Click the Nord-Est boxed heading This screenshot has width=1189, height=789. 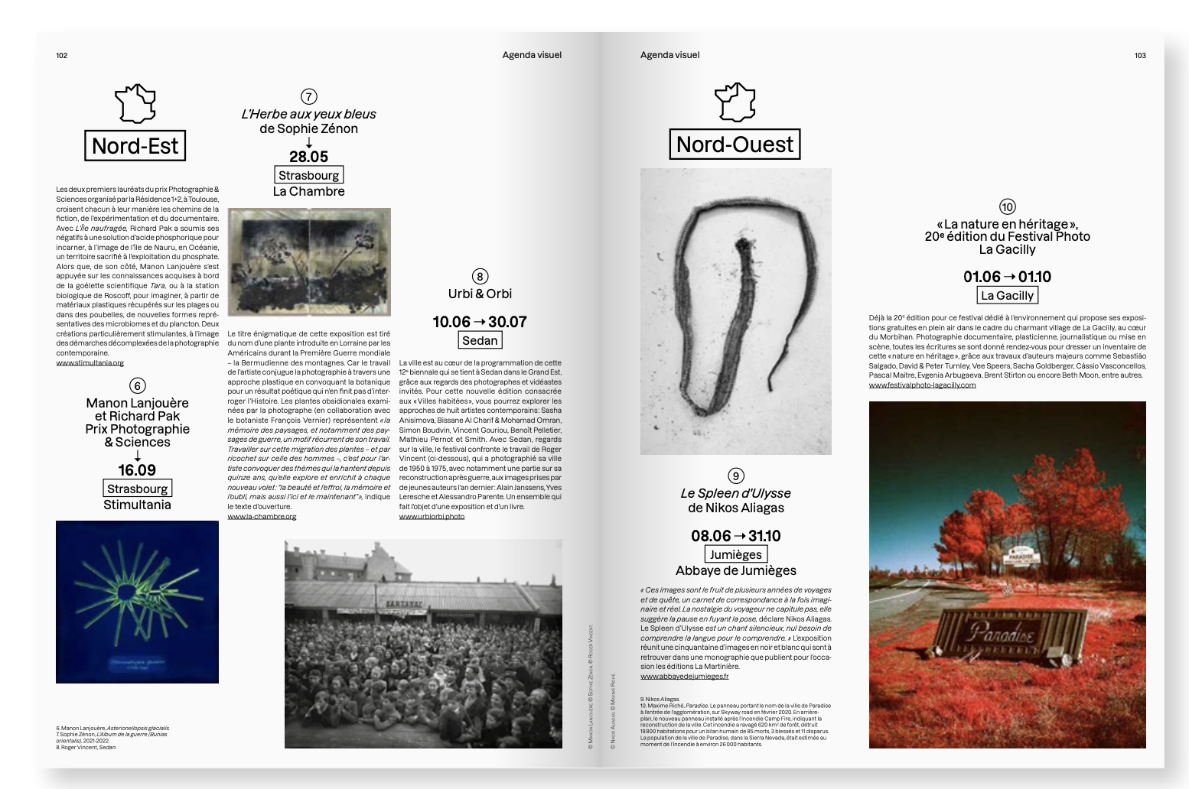pos(135,145)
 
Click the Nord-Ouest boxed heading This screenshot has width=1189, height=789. pos(735,144)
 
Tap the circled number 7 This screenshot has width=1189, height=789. pos(308,96)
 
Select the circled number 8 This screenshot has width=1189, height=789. pos(480,277)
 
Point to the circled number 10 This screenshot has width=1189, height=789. pos(1007,207)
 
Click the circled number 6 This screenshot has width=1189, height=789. pos(137,386)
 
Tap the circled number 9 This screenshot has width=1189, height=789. pos(735,476)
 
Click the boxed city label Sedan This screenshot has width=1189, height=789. pos(480,340)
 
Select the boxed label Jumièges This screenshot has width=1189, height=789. pos(735,554)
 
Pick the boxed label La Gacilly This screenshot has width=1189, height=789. pos(1007,295)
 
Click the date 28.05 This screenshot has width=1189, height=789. pos(308,157)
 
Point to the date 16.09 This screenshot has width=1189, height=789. pos(137,470)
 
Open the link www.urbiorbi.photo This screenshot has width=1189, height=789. pos(432,517)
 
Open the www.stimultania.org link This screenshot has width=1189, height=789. pos(90,363)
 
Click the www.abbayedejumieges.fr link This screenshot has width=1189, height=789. pos(684,677)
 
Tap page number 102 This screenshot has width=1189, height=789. pos(62,55)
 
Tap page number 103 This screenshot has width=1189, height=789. pos(1140,55)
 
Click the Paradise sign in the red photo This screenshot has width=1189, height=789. pos(1002,633)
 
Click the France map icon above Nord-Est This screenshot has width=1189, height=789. pos(135,103)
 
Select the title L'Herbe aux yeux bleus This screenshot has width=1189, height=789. pos(308,114)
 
